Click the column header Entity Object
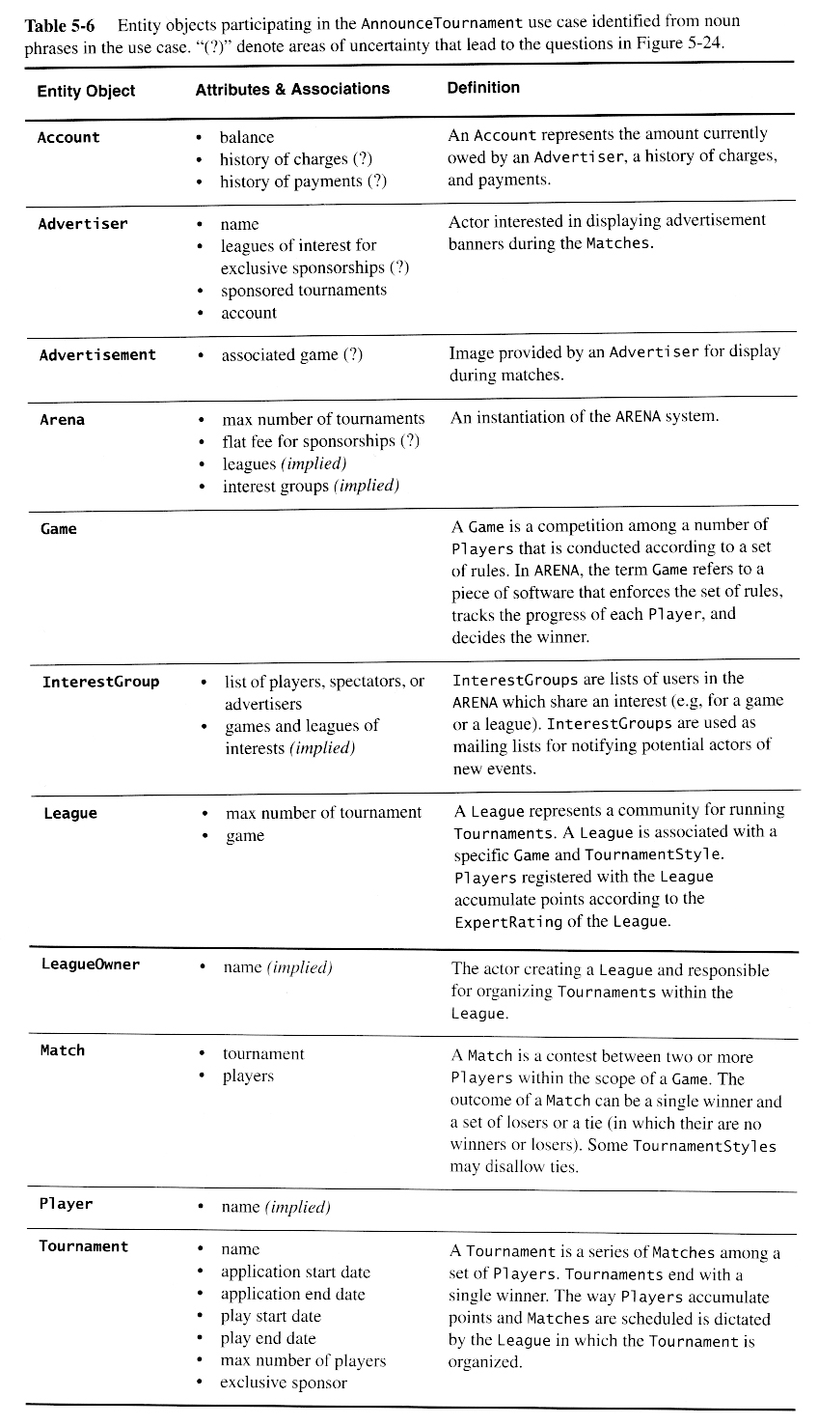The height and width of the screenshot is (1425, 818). pos(86,91)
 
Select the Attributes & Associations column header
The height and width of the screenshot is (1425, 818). pos(292,89)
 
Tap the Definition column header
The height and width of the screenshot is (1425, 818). pos(483,88)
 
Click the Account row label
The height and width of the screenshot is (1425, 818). pos(68,138)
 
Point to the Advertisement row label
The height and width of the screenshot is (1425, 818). pos(97,355)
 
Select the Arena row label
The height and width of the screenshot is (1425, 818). pos(63,420)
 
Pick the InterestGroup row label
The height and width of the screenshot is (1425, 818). pos(100,683)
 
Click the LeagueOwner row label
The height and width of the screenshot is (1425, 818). pos(91,964)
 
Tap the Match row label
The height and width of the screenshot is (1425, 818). pos(63,1050)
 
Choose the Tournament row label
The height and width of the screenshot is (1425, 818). pos(83,1246)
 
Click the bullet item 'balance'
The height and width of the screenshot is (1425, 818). pos(247,138)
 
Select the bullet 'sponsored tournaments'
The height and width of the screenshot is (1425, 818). pos(304,291)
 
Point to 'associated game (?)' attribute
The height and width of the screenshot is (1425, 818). pos(292,355)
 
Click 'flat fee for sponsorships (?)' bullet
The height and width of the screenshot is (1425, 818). pos(321,442)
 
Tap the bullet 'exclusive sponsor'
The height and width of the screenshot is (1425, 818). pos(284,1383)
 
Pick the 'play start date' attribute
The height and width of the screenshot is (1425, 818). pos(271,1316)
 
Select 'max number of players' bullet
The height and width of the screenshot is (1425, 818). pos(303,1360)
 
